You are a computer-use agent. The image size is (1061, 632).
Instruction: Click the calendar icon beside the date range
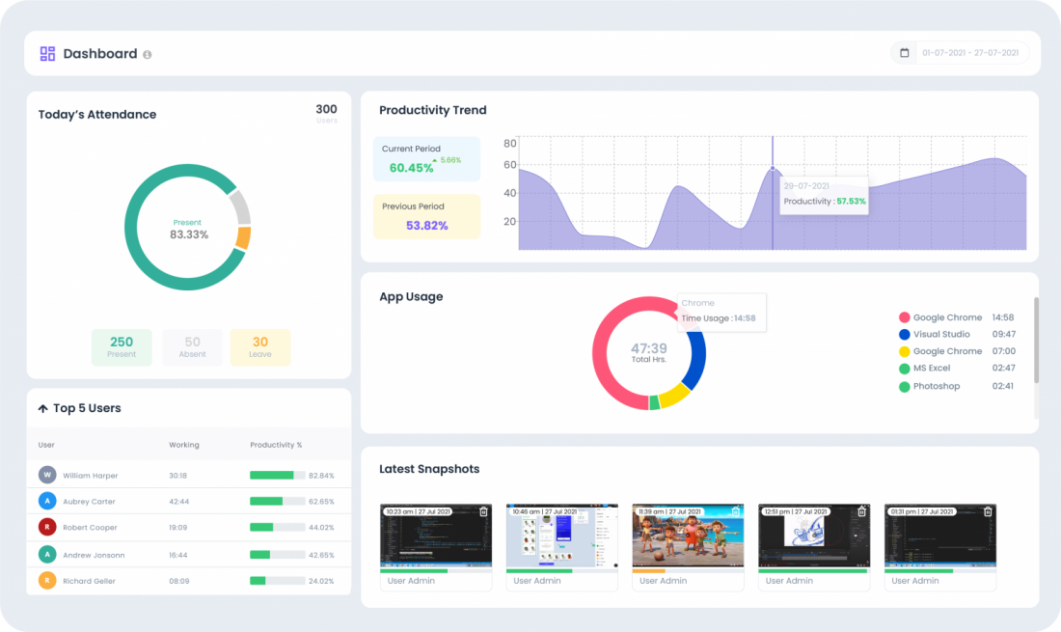tap(904, 53)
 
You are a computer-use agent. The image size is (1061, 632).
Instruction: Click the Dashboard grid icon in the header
tap(47, 54)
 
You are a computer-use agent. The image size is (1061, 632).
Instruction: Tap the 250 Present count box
tap(122, 347)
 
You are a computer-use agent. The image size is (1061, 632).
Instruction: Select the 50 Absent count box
tap(192, 347)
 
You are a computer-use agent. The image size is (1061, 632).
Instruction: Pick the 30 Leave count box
tap(260, 347)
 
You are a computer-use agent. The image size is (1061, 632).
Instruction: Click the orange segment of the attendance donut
tap(243, 237)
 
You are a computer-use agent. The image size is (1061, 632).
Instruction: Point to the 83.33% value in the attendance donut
tap(189, 234)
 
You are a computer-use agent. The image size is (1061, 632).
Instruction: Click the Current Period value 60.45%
tap(411, 168)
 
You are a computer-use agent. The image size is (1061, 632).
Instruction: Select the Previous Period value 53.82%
tap(426, 226)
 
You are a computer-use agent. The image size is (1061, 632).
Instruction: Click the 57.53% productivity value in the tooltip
tap(851, 202)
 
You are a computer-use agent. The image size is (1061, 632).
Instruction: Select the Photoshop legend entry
tap(936, 386)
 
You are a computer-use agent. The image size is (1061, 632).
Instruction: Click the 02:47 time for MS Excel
tap(1003, 369)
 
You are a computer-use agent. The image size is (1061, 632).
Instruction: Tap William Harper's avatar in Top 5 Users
tap(47, 475)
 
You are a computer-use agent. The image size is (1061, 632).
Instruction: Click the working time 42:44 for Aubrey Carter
tap(179, 502)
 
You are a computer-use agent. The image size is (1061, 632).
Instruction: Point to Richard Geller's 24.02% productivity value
tap(321, 581)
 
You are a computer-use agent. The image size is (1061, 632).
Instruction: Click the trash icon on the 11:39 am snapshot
tap(736, 511)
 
